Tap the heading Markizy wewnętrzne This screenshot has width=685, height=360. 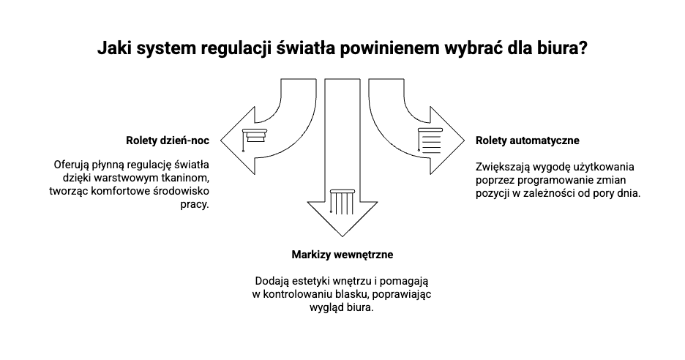point(342,255)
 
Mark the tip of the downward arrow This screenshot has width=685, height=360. point(342,237)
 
